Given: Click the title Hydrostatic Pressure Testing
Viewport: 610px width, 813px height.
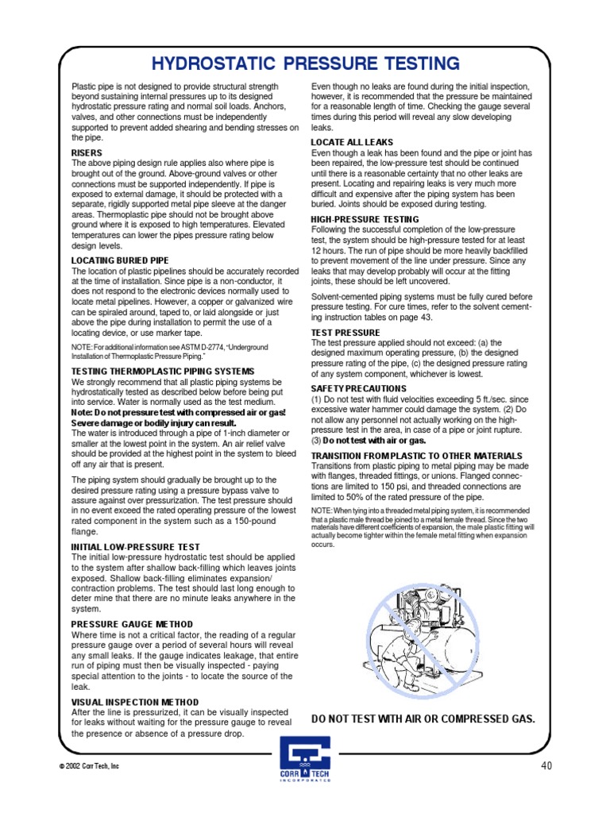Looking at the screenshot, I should click(305, 64).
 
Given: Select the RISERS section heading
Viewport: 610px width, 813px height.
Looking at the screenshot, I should click(87, 152).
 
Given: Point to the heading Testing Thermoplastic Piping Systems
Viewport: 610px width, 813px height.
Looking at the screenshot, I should click(163, 371).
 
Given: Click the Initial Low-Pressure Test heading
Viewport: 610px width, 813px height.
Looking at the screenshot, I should click(136, 547).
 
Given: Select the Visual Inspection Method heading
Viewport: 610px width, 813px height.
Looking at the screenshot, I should click(136, 702).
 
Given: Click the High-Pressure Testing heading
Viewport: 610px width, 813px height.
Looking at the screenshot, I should click(365, 218).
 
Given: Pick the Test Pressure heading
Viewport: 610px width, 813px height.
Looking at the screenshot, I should click(346, 333).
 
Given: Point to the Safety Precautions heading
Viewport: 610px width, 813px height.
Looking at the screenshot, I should click(358, 388).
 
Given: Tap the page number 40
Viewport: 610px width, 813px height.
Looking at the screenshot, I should click(546, 765).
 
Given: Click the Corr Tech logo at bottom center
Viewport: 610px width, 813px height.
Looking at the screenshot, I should click(306, 759).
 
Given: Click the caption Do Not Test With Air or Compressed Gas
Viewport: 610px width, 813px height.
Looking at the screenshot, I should click(423, 719).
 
